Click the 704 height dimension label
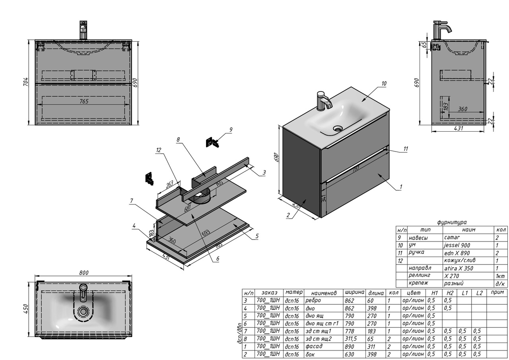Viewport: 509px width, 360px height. click(26, 82)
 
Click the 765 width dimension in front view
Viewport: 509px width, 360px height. click(84, 101)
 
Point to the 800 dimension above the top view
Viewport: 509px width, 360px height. click(84, 273)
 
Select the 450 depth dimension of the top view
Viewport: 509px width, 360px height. click(26, 308)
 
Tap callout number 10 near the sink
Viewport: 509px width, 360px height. click(383, 84)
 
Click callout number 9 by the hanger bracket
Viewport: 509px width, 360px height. click(231, 130)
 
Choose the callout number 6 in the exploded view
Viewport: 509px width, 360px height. click(218, 259)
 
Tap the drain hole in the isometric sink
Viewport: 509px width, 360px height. click(338, 128)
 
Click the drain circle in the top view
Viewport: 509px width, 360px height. click(84, 311)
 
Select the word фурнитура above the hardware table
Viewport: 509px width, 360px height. click(451, 222)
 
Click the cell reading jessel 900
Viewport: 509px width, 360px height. click(457, 245)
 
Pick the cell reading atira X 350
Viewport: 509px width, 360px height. click(458, 269)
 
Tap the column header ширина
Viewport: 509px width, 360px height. click(354, 292)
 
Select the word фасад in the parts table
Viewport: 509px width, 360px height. click(314, 346)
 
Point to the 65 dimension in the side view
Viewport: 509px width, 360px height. click(424, 45)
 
